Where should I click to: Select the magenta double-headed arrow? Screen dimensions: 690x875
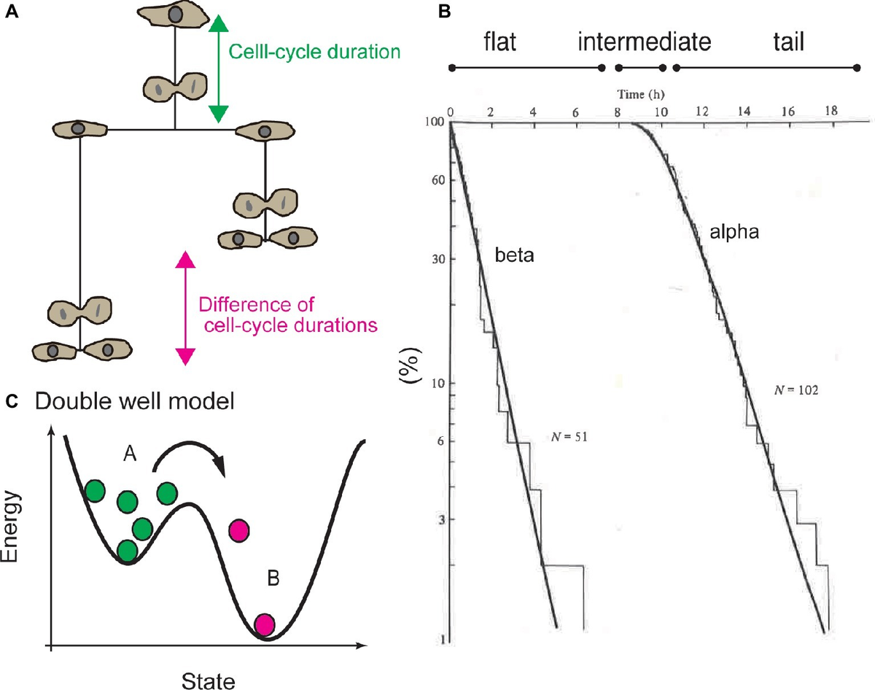point(186,307)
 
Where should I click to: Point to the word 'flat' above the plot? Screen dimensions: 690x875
point(500,42)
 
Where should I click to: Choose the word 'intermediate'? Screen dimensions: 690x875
point(644,42)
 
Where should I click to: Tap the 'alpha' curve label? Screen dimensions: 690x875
point(735,233)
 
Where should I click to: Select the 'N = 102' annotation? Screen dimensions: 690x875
point(796,390)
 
